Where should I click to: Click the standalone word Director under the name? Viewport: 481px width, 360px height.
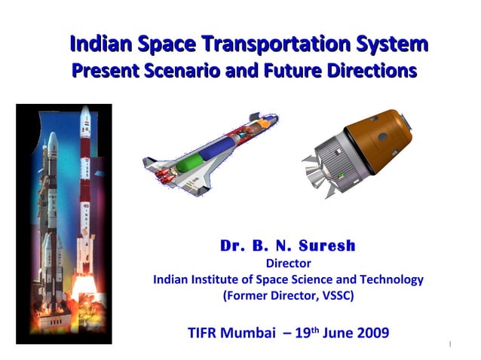coord(289,263)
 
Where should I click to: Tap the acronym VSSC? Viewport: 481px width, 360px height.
coord(334,295)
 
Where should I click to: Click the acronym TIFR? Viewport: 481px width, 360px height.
coord(203,332)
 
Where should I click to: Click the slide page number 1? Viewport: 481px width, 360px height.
coord(449,345)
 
